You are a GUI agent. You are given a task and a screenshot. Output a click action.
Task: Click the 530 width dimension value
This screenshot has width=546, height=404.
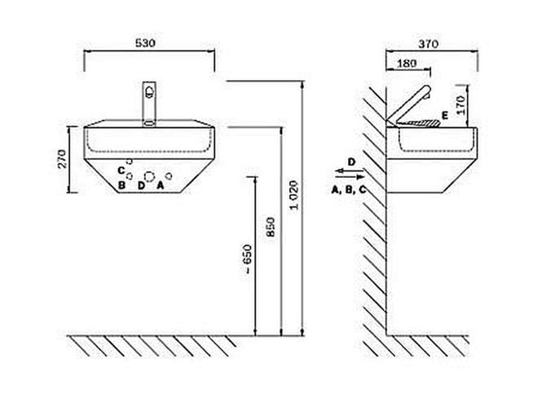coord(145,42)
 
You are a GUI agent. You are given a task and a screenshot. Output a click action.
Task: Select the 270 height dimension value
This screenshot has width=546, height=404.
coord(62,158)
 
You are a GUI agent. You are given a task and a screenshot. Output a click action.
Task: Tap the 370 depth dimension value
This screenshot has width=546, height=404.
coord(429,44)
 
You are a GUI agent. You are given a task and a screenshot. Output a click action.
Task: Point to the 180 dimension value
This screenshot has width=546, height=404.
coord(407,64)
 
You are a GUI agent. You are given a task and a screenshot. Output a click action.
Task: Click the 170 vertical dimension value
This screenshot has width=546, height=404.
coord(460,105)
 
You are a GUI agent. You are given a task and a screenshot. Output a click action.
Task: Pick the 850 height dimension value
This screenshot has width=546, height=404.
coord(271,227)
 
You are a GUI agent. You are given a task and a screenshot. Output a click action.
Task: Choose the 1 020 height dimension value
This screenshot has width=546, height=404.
coord(294,195)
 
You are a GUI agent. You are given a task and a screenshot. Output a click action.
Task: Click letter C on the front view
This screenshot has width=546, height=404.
coord(121,171)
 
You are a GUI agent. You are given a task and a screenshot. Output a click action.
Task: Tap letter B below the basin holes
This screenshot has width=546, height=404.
coord(121,185)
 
